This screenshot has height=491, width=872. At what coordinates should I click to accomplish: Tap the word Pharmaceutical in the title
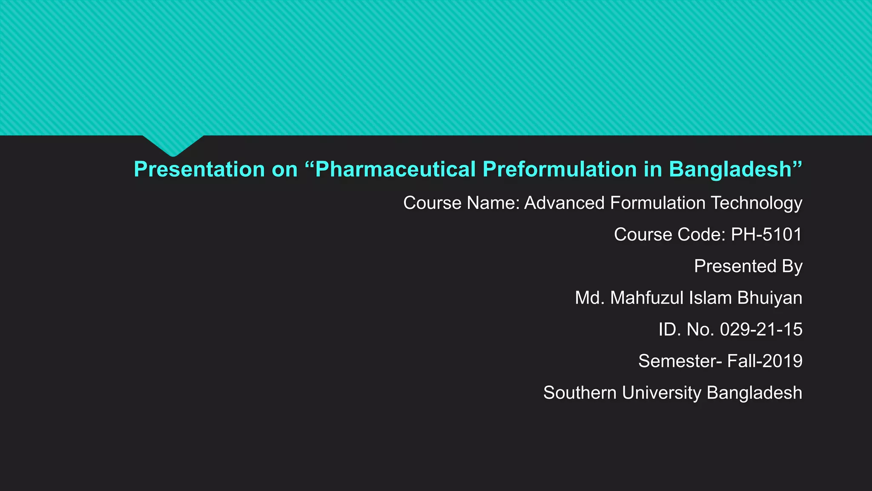tap(396, 170)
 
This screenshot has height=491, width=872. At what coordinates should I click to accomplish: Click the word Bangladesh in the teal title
tap(730, 170)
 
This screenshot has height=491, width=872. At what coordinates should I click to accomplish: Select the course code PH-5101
tap(766, 234)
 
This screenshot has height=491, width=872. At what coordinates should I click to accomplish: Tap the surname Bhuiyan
tap(770, 298)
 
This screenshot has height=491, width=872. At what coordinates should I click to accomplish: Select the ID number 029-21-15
tap(761, 329)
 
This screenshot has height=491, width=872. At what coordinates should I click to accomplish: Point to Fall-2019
tap(765, 361)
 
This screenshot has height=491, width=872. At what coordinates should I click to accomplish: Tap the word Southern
tap(579, 393)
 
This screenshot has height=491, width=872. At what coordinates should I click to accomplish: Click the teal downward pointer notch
tap(173, 145)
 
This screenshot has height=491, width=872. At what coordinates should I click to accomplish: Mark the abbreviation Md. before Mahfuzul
tap(590, 298)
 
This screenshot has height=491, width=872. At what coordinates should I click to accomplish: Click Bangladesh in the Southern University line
tap(754, 393)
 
